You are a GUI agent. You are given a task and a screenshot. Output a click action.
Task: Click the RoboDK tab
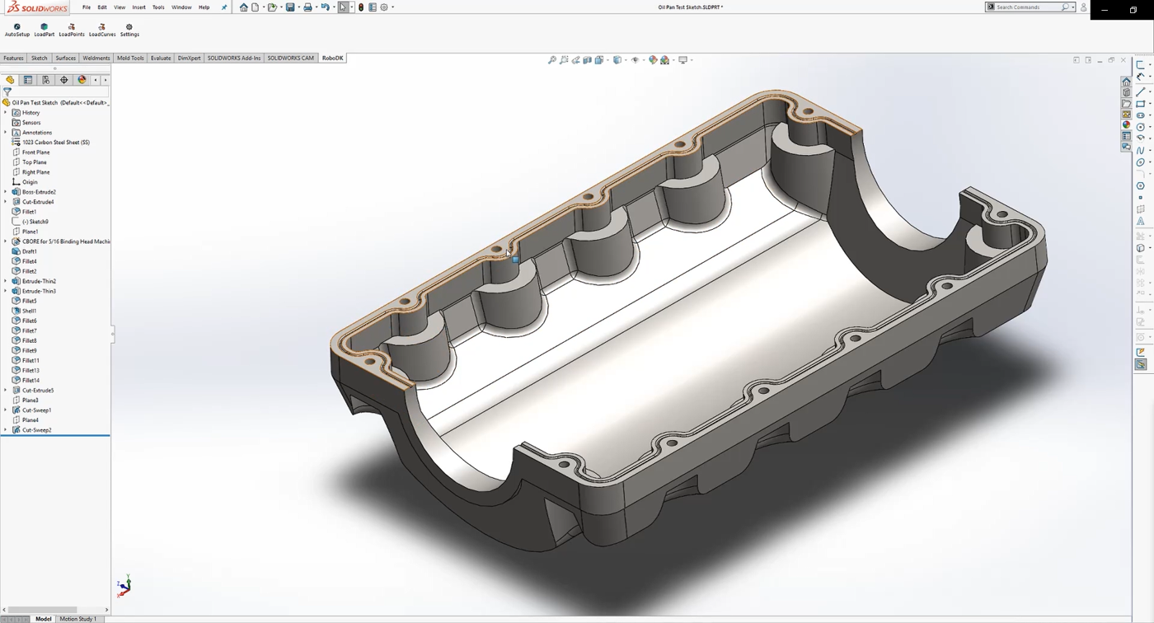click(x=332, y=59)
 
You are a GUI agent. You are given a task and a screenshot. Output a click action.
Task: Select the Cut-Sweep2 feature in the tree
click(x=36, y=430)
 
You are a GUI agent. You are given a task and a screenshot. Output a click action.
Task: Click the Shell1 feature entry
click(x=29, y=311)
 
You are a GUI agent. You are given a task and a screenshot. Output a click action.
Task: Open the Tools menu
click(x=158, y=7)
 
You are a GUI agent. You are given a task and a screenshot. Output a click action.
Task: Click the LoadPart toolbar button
click(x=45, y=30)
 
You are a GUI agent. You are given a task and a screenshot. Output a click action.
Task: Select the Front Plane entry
click(x=35, y=152)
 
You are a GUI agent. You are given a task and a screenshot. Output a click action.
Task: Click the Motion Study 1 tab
click(x=77, y=619)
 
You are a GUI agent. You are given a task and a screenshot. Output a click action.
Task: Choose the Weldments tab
click(x=96, y=59)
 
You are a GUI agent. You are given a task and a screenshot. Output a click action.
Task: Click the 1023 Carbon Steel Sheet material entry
click(x=55, y=143)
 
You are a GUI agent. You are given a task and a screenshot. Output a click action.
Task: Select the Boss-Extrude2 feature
click(x=39, y=192)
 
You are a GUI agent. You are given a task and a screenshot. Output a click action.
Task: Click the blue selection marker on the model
click(x=516, y=260)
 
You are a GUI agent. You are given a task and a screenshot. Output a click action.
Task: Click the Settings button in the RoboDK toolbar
click(x=129, y=30)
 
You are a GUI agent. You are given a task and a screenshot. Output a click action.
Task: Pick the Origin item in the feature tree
click(x=30, y=182)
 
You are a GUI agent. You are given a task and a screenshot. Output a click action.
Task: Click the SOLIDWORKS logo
click(x=36, y=7)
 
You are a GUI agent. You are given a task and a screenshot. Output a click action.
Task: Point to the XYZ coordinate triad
click(x=124, y=586)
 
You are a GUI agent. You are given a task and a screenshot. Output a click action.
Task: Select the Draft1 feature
click(x=29, y=251)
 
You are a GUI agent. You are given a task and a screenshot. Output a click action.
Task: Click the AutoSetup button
click(x=17, y=30)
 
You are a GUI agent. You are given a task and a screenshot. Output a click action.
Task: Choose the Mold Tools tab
click(x=130, y=59)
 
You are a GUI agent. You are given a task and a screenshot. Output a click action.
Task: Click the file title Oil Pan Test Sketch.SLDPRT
click(x=690, y=7)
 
